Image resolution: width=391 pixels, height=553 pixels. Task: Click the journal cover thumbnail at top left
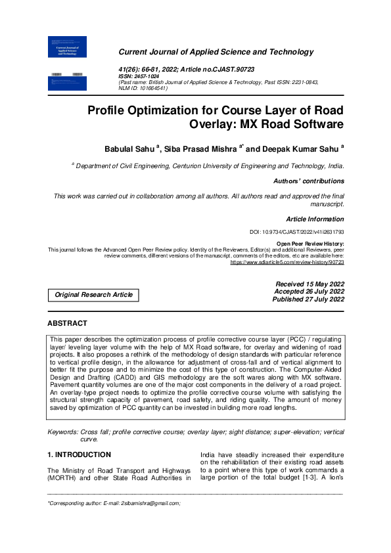(68, 47)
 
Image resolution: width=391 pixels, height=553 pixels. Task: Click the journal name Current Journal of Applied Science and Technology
(216, 52)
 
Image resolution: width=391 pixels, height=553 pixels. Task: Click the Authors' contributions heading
(308, 181)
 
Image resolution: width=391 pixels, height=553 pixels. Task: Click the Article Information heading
(315, 219)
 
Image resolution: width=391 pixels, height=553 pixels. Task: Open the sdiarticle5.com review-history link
(287, 262)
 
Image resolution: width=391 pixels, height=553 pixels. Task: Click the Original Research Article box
(93, 295)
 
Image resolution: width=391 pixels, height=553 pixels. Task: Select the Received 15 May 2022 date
(309, 284)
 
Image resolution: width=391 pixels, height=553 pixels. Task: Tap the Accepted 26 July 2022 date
(308, 291)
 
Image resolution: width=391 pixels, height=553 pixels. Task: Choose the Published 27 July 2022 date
(308, 299)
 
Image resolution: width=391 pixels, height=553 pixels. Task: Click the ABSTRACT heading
(67, 323)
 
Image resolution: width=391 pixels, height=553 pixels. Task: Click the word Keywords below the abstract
(63, 431)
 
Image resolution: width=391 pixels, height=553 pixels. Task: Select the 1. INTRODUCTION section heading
(78, 454)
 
